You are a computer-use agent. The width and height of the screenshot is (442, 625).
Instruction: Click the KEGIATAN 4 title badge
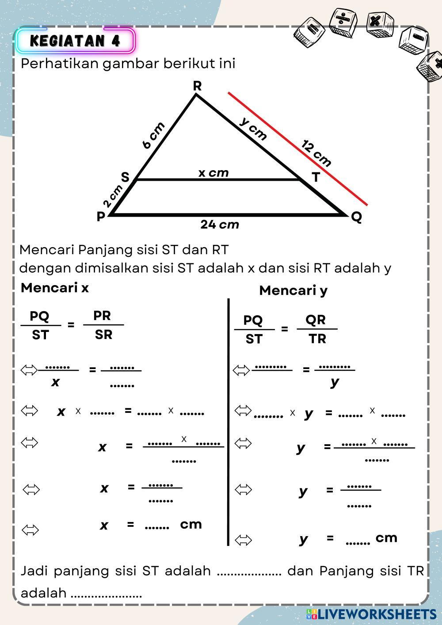(x=75, y=41)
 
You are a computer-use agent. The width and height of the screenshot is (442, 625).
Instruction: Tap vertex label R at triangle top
(x=197, y=86)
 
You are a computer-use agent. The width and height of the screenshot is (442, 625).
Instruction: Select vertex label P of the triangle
(x=101, y=217)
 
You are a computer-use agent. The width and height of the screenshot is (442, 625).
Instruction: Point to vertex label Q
(x=356, y=217)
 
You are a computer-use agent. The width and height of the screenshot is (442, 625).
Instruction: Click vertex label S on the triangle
(x=125, y=177)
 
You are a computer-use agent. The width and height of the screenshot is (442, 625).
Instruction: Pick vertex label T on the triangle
(x=316, y=178)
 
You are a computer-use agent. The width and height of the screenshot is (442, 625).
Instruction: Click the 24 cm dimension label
(x=220, y=225)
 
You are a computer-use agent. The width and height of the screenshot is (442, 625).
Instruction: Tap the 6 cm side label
(x=153, y=136)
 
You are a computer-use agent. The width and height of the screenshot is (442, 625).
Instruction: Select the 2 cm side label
(x=112, y=196)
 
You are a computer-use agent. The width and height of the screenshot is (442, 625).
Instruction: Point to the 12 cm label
(x=316, y=153)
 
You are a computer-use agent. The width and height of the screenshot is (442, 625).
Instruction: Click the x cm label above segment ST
(x=213, y=173)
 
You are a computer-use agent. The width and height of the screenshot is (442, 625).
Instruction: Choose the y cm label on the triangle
(x=254, y=129)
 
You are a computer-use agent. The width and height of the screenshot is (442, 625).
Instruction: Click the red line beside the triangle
(x=297, y=149)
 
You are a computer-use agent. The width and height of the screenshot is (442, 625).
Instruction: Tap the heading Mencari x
(x=54, y=288)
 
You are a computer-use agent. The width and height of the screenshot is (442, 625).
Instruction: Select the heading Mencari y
(x=293, y=290)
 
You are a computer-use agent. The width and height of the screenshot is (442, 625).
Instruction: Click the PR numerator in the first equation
(x=102, y=316)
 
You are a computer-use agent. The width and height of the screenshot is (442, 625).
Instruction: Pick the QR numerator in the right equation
(x=316, y=319)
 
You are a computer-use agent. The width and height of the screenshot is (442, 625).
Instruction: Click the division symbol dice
(x=342, y=22)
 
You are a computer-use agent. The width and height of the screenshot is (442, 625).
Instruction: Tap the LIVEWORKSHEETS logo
(x=371, y=614)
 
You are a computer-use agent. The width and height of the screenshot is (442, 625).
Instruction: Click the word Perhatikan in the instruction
(x=60, y=64)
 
